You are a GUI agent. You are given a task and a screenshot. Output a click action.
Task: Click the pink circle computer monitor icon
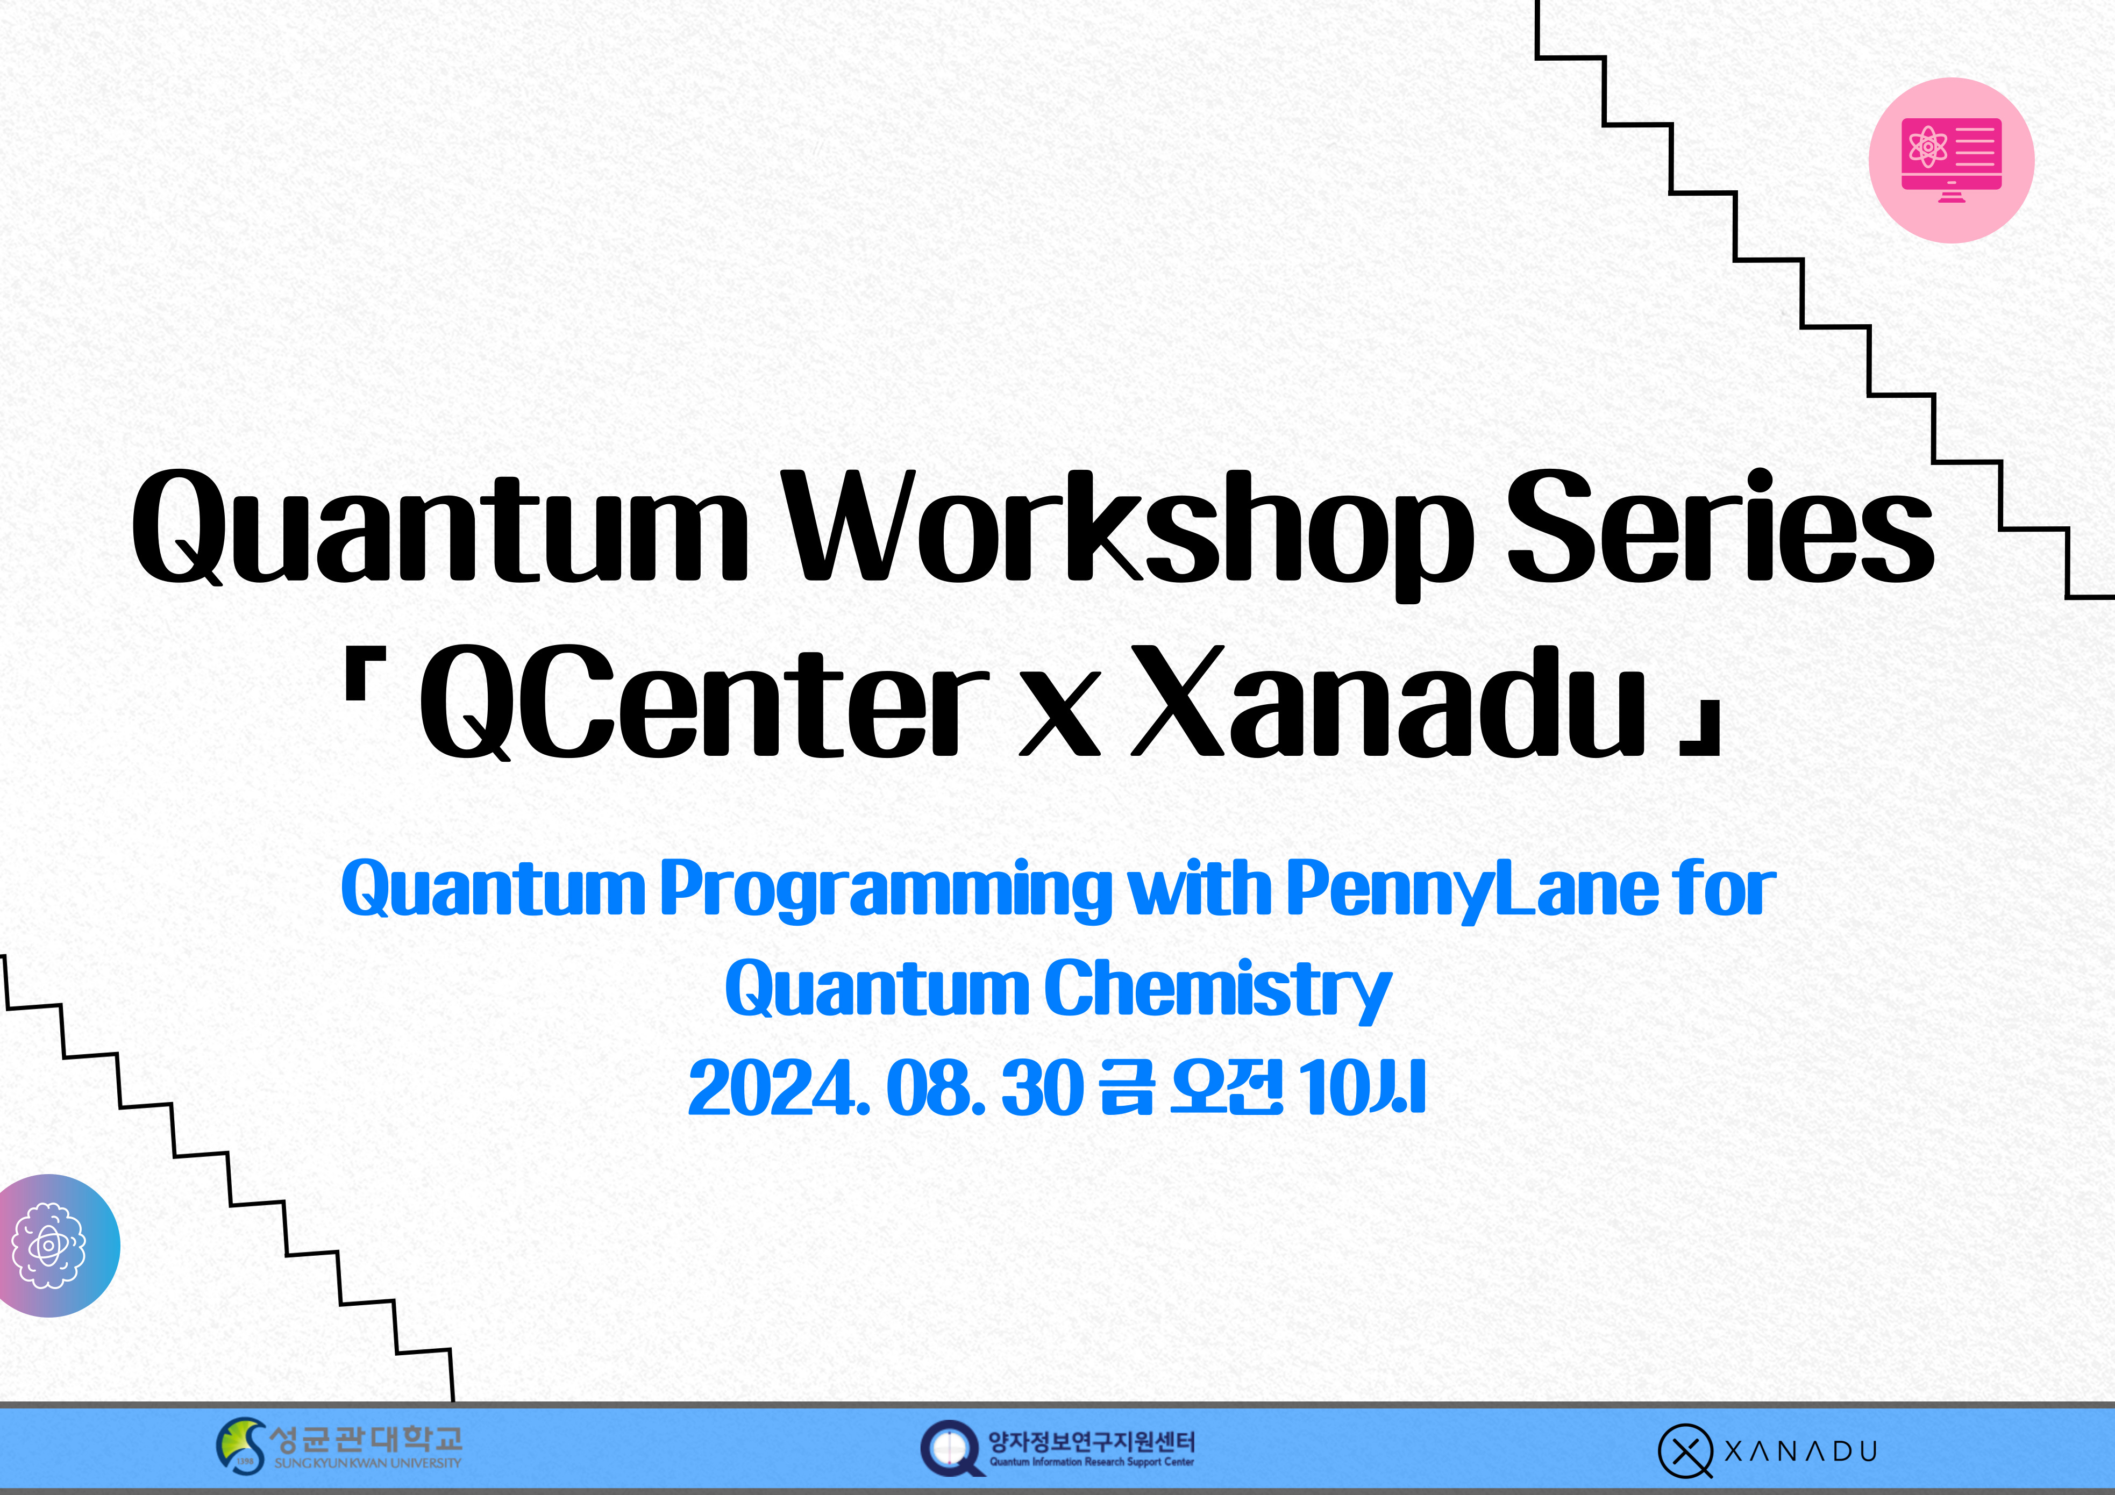[1951, 160]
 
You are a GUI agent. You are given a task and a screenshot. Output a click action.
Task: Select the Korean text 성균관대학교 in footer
[365, 1438]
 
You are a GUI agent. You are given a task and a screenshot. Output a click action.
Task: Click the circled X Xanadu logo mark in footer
[1685, 1451]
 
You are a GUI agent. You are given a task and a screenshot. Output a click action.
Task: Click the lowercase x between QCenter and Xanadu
[1059, 719]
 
